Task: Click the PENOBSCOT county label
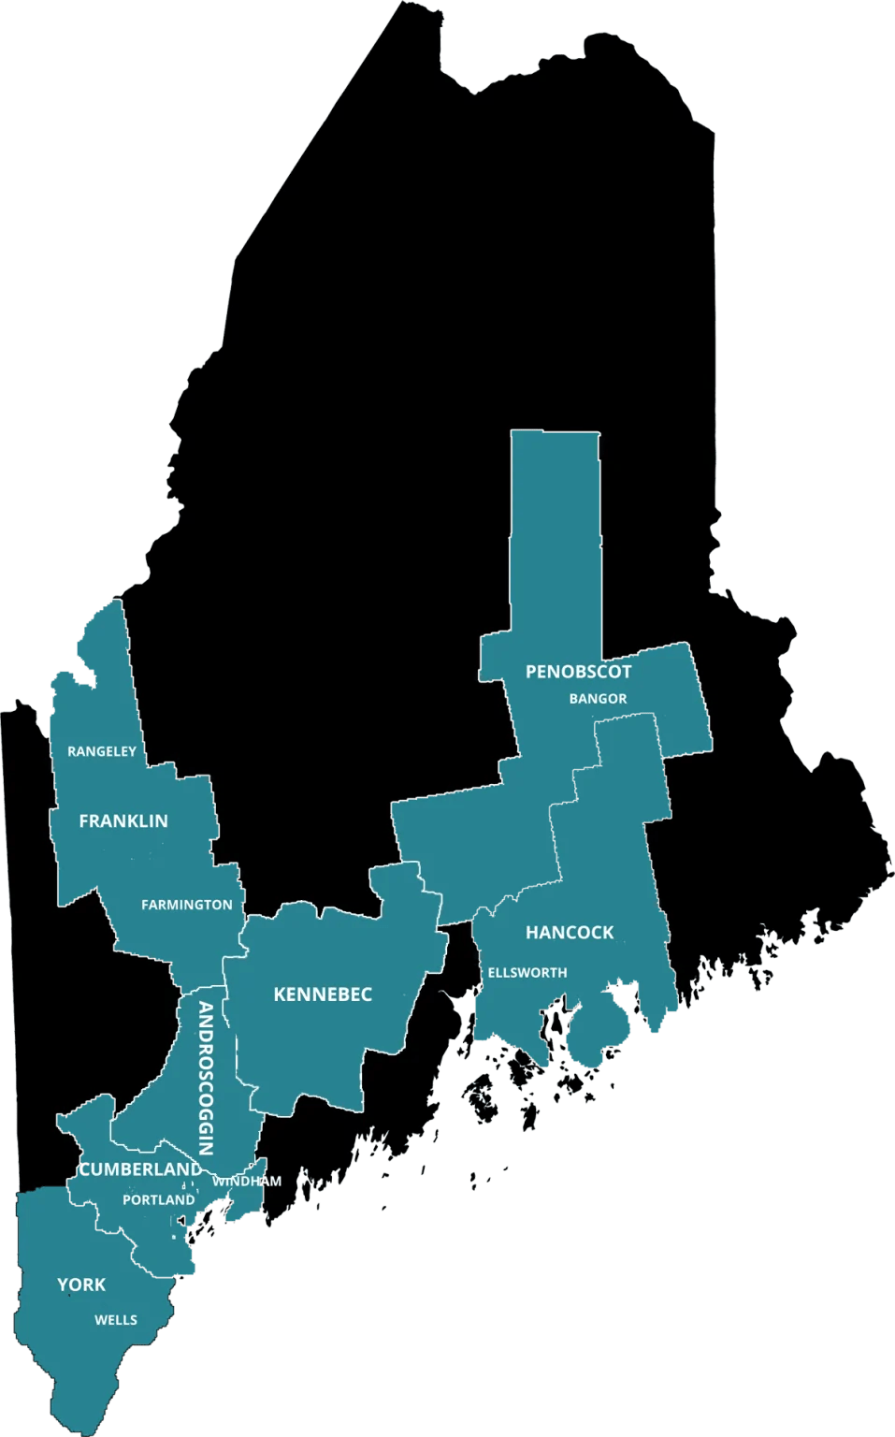pos(578,672)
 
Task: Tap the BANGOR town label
pos(598,699)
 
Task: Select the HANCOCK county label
pos(570,933)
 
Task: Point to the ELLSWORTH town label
pos(527,973)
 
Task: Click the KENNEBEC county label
pos(323,994)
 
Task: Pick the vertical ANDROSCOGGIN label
pos(207,1079)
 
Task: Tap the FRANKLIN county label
pos(123,821)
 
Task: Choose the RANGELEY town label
pos(102,751)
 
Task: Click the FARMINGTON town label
pos(187,905)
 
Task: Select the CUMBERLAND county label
pos(140,1169)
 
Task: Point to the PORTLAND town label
pos(159,1199)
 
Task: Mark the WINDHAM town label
pos(247,1182)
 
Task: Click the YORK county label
pos(81,1285)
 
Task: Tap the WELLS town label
pos(116,1320)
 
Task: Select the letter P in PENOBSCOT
pos(531,672)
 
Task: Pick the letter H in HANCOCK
pos(532,933)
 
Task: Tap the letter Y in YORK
pos(63,1285)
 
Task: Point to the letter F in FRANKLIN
pos(84,821)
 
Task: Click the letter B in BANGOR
pos(573,699)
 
